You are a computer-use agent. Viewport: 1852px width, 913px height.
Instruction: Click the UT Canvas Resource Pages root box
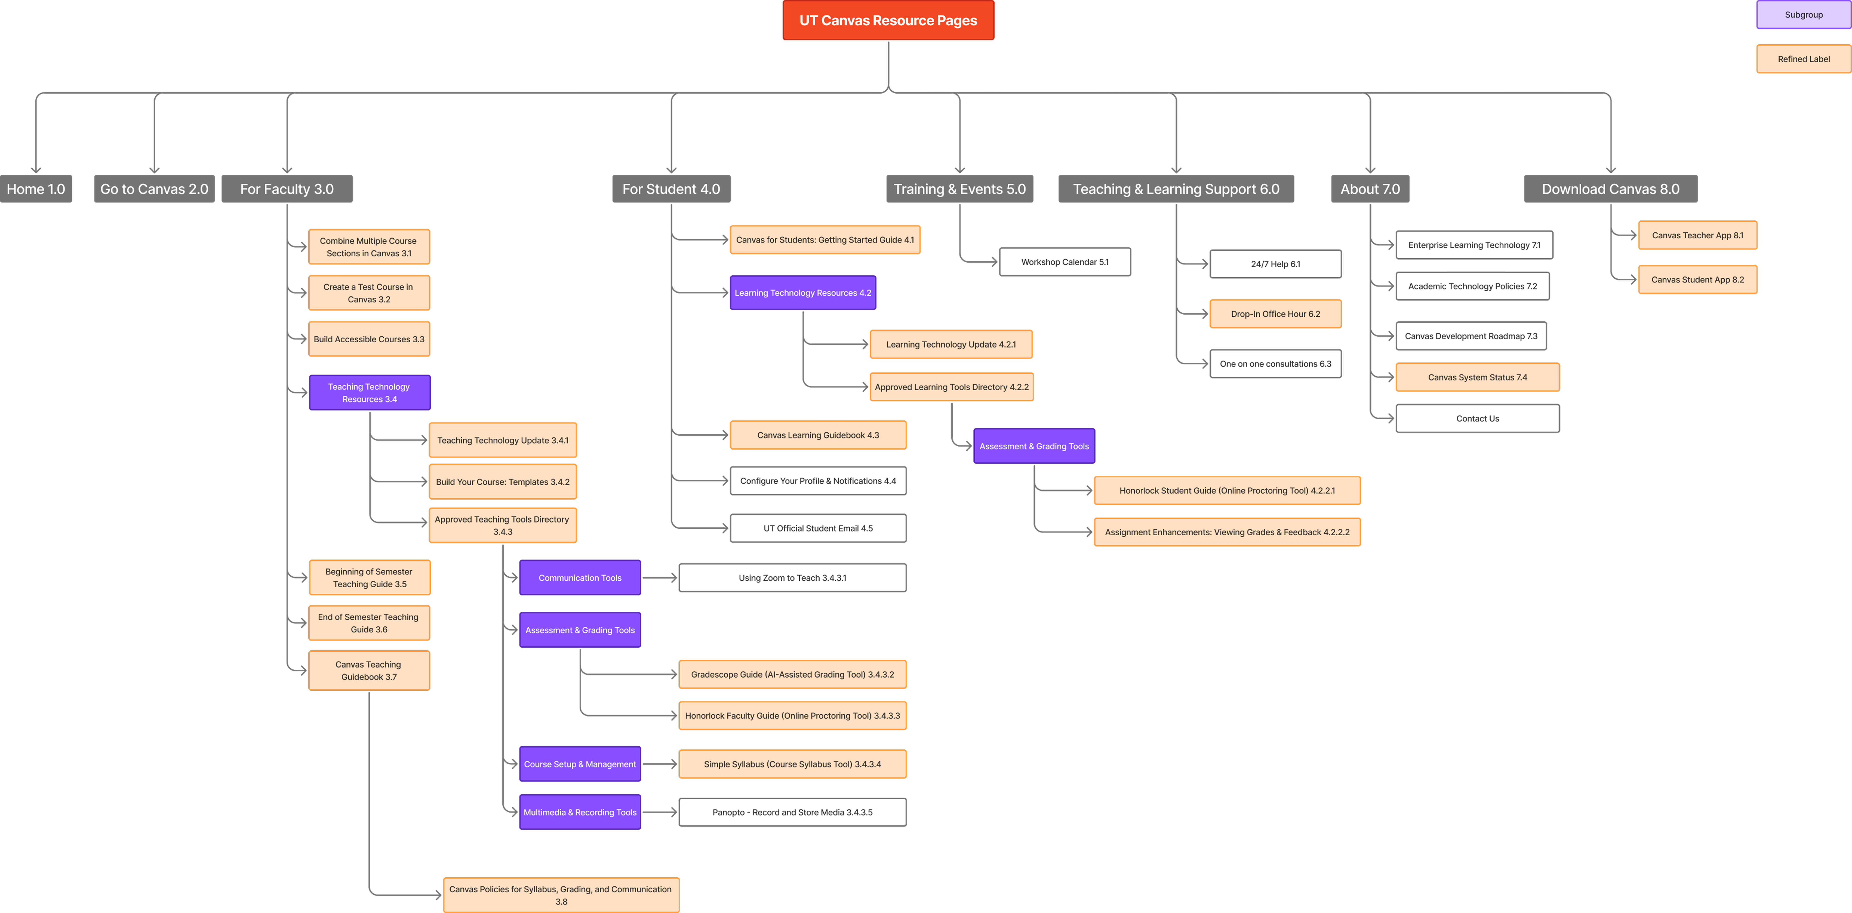pos(888,20)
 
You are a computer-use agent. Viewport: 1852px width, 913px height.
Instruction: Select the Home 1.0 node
pos(36,189)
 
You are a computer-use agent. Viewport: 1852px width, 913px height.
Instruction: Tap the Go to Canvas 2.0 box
pos(154,189)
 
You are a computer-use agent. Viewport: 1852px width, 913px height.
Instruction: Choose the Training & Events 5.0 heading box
pos(959,189)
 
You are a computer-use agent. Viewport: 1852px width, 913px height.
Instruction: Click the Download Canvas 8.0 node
pos(1610,189)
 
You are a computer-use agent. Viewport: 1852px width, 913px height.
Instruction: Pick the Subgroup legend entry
pos(1803,14)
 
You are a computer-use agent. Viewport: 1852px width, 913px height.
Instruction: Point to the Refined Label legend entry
pos(1803,59)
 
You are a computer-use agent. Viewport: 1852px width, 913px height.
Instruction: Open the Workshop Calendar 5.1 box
pos(1065,262)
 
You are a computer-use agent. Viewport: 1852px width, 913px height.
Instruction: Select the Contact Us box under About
pos(1477,418)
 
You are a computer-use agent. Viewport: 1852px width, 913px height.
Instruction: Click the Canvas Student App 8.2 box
pos(1697,280)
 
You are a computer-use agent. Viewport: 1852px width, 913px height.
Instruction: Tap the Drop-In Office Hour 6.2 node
pos(1276,314)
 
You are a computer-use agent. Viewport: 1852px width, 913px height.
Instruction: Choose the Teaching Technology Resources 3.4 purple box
pos(370,393)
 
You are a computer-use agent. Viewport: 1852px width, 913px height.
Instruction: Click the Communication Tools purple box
pos(579,578)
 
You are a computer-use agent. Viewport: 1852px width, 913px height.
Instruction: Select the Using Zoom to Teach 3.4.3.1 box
pos(792,578)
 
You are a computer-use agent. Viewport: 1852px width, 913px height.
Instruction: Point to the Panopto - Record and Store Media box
pos(792,812)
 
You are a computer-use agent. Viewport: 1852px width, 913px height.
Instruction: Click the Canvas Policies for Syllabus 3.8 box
pos(561,895)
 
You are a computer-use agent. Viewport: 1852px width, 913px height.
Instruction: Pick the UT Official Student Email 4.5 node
pos(818,528)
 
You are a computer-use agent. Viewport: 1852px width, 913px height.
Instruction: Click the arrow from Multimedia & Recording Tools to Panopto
pos(659,812)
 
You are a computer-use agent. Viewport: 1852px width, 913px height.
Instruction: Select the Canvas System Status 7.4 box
pos(1477,377)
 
